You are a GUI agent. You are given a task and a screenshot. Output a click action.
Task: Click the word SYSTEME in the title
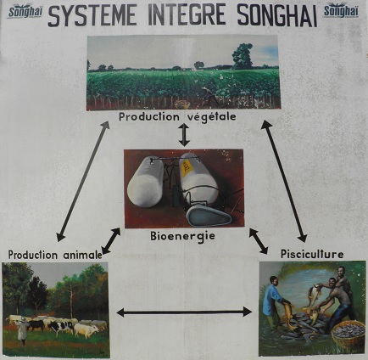pos(95,15)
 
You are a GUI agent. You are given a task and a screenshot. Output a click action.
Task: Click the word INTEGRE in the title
pos(187,14)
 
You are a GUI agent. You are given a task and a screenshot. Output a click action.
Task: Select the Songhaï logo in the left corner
pos(25,11)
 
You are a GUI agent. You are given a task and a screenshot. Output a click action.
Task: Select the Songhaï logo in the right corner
pos(341,11)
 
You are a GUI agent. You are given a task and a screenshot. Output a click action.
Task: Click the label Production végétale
pos(177,116)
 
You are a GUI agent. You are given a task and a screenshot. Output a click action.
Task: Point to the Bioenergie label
pos(182,236)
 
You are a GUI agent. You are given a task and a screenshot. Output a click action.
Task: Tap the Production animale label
pos(55,255)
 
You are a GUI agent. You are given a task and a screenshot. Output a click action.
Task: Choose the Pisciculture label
pos(312,254)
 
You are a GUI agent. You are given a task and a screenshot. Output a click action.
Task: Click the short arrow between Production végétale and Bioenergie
pos(184,135)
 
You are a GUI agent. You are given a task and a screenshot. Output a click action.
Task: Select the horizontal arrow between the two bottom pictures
pos(184,312)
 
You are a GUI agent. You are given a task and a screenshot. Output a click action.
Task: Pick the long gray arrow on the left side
pos(83,181)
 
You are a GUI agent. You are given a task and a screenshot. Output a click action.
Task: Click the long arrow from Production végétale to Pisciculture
pos(284,181)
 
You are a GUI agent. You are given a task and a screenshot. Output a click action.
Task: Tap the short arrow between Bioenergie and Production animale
pos(111,241)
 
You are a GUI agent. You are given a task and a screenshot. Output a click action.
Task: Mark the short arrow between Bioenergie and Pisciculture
pos(259,241)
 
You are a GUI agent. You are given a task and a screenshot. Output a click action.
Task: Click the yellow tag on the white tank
pos(186,167)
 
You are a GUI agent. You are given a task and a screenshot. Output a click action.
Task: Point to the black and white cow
pos(61,328)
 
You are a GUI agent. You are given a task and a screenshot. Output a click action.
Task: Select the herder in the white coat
pos(23,329)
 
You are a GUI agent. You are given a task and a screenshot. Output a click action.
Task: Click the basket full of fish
pos(348,334)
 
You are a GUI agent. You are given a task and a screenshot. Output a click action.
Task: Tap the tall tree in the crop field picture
pos(243,56)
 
